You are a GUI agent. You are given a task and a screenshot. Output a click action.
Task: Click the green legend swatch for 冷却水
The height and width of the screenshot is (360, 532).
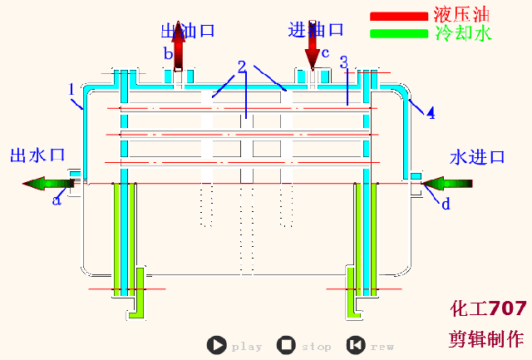click(398, 33)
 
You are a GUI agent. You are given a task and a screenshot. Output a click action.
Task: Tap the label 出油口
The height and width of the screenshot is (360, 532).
click(189, 31)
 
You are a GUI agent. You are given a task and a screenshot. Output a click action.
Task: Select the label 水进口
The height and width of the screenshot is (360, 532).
click(478, 157)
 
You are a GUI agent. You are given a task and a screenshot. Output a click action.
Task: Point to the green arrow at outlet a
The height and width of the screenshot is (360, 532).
click(46, 183)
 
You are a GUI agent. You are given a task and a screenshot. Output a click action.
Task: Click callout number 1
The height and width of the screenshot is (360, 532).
click(71, 88)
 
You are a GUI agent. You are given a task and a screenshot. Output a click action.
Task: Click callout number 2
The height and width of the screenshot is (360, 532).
click(241, 66)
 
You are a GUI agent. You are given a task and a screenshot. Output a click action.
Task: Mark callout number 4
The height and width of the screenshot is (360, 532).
click(431, 112)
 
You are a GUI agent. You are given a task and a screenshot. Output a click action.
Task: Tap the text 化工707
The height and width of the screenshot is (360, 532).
click(488, 309)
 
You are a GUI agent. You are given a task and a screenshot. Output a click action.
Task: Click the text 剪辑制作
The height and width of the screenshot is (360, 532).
click(486, 338)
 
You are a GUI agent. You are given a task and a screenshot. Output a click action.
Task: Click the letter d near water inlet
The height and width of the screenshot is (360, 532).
click(446, 204)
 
